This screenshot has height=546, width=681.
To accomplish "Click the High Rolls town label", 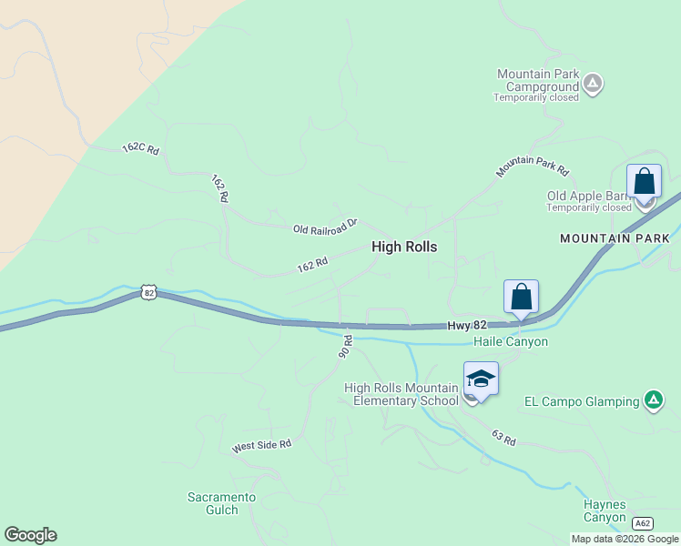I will pyautogui.click(x=404, y=247).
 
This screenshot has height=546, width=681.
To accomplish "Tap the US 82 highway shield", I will pyautogui.click(x=149, y=292).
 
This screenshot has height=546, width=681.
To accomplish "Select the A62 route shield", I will pyautogui.click(x=643, y=523).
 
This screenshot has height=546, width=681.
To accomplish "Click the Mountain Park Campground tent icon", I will pyautogui.click(x=593, y=85).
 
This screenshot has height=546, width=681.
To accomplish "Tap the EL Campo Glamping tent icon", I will pyautogui.click(x=653, y=400).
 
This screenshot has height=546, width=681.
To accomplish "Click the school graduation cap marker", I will pyautogui.click(x=481, y=379).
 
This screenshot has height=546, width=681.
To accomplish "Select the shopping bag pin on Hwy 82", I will pyautogui.click(x=521, y=297).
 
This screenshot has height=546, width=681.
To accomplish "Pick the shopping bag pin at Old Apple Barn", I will pyautogui.click(x=644, y=181).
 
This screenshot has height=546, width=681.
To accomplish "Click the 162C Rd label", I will pyautogui.click(x=141, y=147).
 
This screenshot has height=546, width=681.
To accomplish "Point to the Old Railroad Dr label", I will pyautogui.click(x=326, y=226).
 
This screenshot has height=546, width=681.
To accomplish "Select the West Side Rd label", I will pyautogui.click(x=261, y=445).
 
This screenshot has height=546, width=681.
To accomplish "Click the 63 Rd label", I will pyautogui.click(x=503, y=438).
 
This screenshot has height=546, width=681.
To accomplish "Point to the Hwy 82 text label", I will pyautogui.click(x=468, y=326).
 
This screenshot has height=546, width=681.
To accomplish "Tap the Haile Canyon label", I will pyautogui.click(x=511, y=341).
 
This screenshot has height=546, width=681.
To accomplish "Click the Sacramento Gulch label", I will pyautogui.click(x=221, y=503).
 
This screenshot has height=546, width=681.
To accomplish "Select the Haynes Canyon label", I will pyautogui.click(x=605, y=511).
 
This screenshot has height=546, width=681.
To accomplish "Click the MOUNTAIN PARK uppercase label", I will pyautogui.click(x=615, y=238).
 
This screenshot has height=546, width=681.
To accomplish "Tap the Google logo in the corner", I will pyautogui.click(x=30, y=535).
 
